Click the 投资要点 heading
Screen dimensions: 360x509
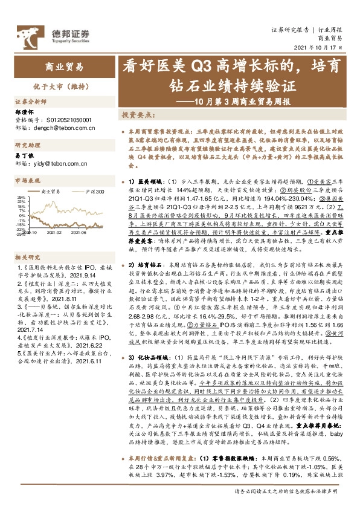[138, 114]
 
